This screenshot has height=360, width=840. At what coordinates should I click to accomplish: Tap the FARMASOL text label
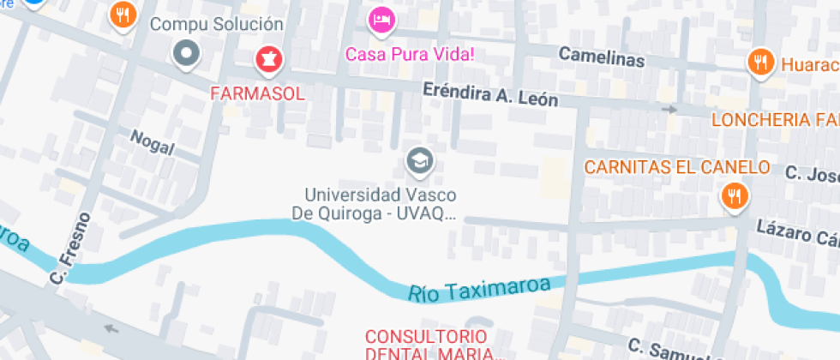258,93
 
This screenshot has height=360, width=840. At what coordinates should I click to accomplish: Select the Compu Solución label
216,24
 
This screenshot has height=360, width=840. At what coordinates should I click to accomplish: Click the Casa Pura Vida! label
410,54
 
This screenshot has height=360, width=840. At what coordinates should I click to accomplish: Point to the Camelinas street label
601,56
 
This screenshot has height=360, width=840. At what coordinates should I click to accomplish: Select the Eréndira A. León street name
490,94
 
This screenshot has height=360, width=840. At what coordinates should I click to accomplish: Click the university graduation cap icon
419,159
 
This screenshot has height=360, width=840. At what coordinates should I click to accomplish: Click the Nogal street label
153,143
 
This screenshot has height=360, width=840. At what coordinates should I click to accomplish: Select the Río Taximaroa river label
478,287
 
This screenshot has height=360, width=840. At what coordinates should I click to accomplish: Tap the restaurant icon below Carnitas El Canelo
735,197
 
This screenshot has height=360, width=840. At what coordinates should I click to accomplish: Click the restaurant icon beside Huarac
759,62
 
